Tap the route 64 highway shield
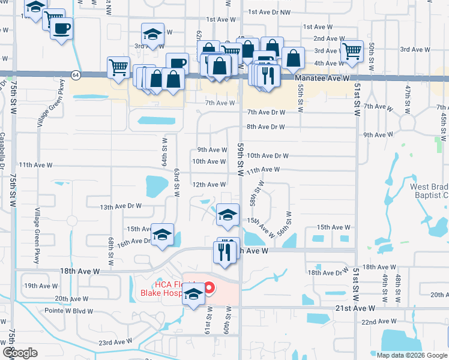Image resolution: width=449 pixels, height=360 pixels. pos(75,75)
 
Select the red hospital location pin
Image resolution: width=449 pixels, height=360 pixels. pos(209,289)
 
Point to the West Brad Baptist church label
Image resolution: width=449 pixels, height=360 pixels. pos(429,191)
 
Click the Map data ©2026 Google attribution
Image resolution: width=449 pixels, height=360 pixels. pos(412,355)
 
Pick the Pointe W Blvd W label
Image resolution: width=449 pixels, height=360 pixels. pos(69,311)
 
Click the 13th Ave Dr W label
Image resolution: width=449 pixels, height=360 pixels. pos(121,206)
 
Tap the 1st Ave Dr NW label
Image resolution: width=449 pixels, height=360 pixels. pos(268,11)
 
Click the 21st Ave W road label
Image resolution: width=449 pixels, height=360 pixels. pos(355,308)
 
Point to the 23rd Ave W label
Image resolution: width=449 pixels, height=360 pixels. pos(115,342)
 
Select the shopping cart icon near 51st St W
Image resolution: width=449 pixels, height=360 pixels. pos(352,51)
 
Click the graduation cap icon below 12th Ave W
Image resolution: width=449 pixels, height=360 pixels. pos(228,215)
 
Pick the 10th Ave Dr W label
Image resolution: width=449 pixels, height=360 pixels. pos(268,155)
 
